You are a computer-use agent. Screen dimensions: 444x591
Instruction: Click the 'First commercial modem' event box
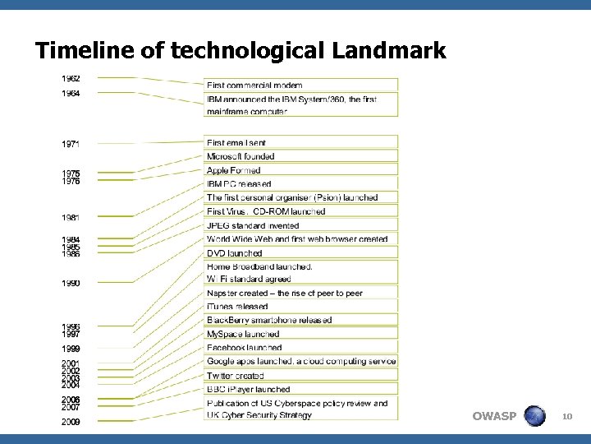300,85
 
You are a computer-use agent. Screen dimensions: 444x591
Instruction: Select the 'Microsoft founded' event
300,156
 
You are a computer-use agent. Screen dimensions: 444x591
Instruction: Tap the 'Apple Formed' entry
300,170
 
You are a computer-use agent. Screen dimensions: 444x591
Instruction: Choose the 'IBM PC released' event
300,184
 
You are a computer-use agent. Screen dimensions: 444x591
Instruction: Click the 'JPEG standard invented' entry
300,225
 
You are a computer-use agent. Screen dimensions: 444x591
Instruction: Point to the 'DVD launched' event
300,253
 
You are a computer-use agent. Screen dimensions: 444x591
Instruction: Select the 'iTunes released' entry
300,307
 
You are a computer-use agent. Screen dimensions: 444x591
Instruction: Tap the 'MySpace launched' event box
300,334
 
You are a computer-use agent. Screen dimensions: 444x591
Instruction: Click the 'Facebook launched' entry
300,348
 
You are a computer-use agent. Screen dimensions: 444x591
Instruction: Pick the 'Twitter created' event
300,375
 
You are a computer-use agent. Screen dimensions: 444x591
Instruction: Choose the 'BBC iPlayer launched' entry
300,389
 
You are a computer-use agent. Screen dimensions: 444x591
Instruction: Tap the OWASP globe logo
534,416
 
